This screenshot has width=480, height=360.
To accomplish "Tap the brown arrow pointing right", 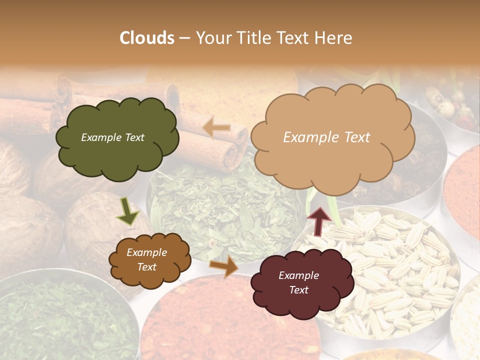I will tap(224, 266).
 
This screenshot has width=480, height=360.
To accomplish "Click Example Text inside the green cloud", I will tap(112, 137).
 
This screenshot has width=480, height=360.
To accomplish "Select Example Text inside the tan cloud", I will tap(326, 137).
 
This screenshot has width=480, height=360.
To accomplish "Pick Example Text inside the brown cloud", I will tap(146, 259).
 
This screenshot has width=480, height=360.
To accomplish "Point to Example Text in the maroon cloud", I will tap(298, 282).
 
